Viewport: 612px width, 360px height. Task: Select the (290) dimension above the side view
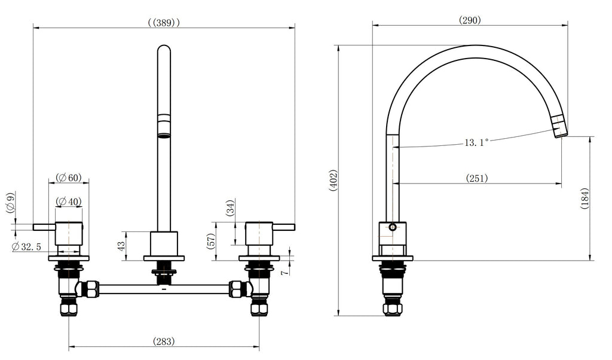pyautogui.click(x=470, y=20)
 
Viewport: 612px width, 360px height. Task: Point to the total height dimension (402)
pyautogui.click(x=333, y=181)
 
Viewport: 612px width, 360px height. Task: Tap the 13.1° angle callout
pyautogui.click(x=476, y=142)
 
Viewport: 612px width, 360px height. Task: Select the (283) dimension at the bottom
pyautogui.click(x=164, y=341)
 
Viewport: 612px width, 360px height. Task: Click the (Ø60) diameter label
pyautogui.click(x=69, y=178)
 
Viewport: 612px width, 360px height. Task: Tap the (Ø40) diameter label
pyautogui.click(x=69, y=202)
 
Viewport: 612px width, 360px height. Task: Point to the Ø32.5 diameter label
pyautogui.click(x=27, y=246)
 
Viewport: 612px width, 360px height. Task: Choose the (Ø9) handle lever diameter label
pyautogui.click(x=10, y=203)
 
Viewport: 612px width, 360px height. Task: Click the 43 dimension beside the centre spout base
pyautogui.click(x=122, y=245)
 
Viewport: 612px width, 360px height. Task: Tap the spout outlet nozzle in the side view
pyautogui.click(x=559, y=127)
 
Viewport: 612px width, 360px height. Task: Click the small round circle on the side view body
pyautogui.click(x=392, y=227)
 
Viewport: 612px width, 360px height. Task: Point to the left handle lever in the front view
pyautogui.click(x=44, y=227)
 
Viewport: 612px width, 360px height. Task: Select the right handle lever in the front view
pyautogui.click(x=284, y=227)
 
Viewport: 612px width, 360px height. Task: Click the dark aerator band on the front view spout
pyautogui.click(x=163, y=123)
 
